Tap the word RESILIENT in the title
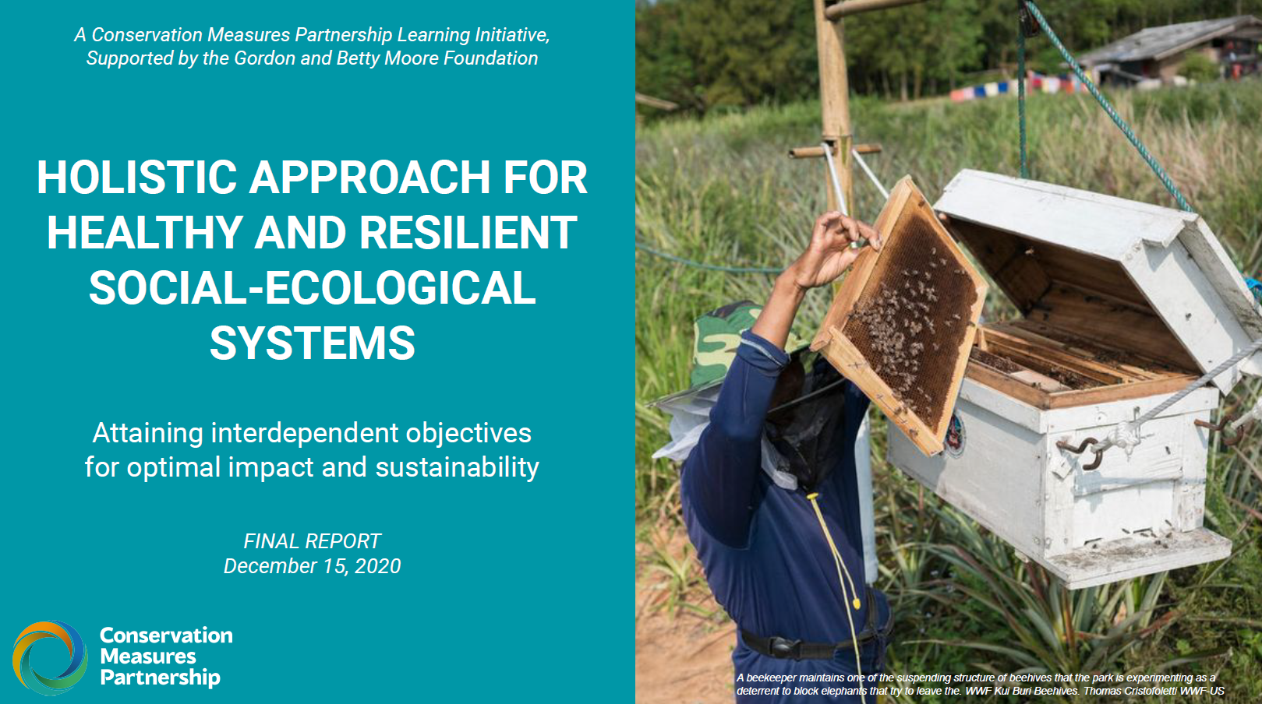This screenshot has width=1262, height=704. [x=468, y=232]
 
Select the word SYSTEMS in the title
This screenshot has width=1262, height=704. [x=313, y=343]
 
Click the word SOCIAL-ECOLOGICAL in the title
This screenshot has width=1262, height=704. [x=312, y=287]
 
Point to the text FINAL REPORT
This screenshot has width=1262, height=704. [x=312, y=541]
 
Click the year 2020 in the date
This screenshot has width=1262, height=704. [x=377, y=566]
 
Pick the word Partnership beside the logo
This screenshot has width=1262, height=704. [x=160, y=678]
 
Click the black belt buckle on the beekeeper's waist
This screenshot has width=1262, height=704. [x=781, y=646]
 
